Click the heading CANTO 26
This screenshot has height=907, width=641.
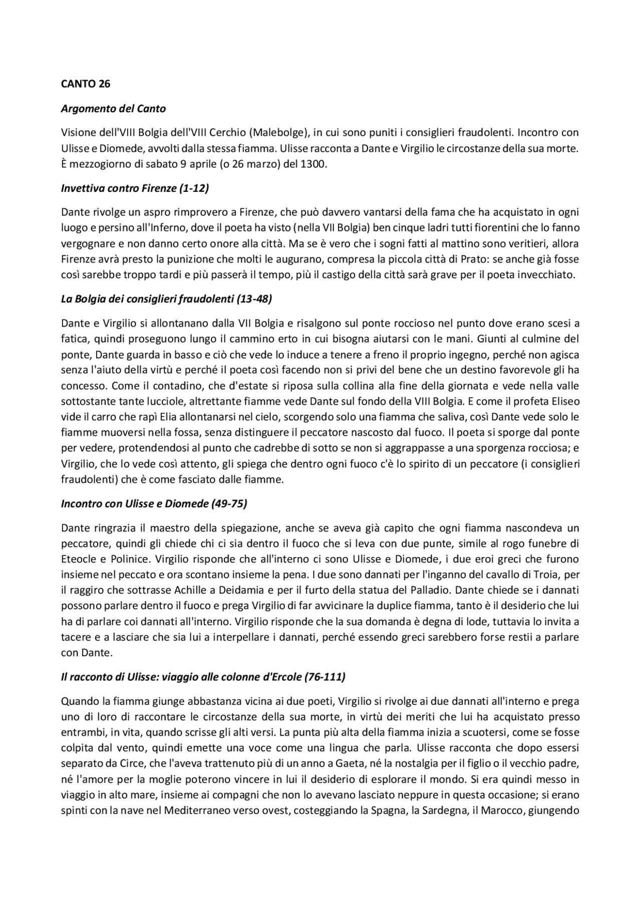[x=85, y=84]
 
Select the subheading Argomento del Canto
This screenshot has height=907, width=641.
[x=113, y=108]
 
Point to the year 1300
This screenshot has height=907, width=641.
[x=313, y=164]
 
